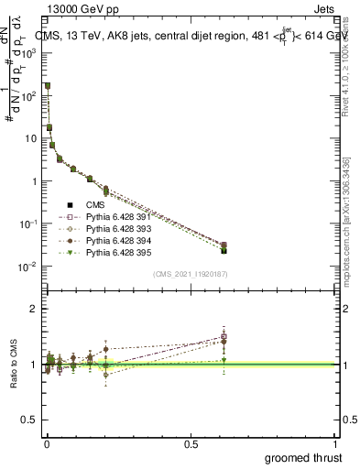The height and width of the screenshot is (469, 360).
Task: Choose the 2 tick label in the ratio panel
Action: tap(35, 309)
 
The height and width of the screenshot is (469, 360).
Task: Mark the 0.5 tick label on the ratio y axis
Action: tap(30, 420)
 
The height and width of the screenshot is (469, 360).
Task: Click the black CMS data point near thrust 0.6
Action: tap(224, 250)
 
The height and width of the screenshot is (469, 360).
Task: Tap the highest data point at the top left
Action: tap(47, 85)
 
